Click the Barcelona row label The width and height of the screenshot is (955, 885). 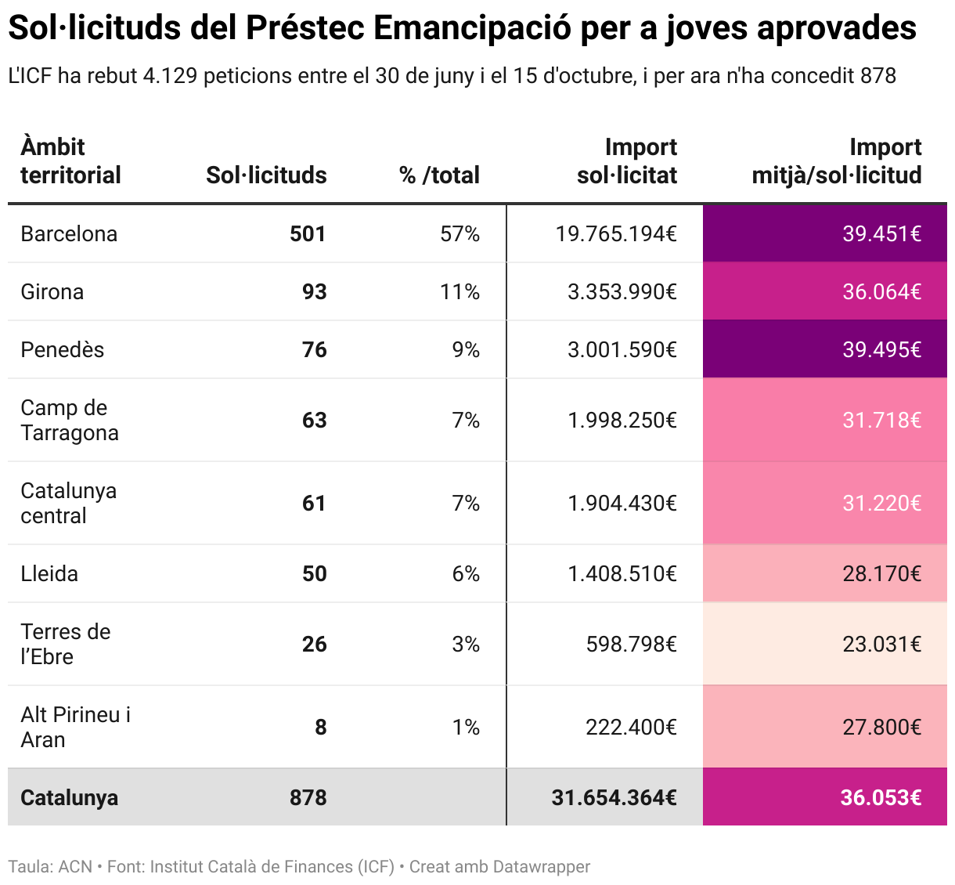coord(69,233)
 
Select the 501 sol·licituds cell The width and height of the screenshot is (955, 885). coord(307,233)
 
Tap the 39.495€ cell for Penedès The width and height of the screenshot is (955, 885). coord(881,349)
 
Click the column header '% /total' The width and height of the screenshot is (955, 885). coord(439,175)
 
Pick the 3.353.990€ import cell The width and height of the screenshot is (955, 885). coord(622,291)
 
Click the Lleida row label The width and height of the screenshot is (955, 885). coord(49,573)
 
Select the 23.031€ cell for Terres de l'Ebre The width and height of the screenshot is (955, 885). coord(881,644)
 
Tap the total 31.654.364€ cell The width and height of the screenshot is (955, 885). coord(614,797)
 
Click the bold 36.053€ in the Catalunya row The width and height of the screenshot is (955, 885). coord(881,797)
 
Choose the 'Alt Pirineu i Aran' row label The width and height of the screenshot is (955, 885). coord(75,727)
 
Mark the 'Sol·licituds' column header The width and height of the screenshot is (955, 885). coord(266,175)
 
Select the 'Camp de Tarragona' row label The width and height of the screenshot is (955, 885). coord(69,420)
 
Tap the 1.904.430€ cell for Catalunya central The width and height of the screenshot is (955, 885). coord(622,503)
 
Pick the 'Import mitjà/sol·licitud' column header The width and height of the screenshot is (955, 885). coord(837,161)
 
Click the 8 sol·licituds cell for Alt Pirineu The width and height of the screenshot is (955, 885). coord(320,727)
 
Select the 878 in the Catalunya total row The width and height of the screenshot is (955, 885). coord(308,797)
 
